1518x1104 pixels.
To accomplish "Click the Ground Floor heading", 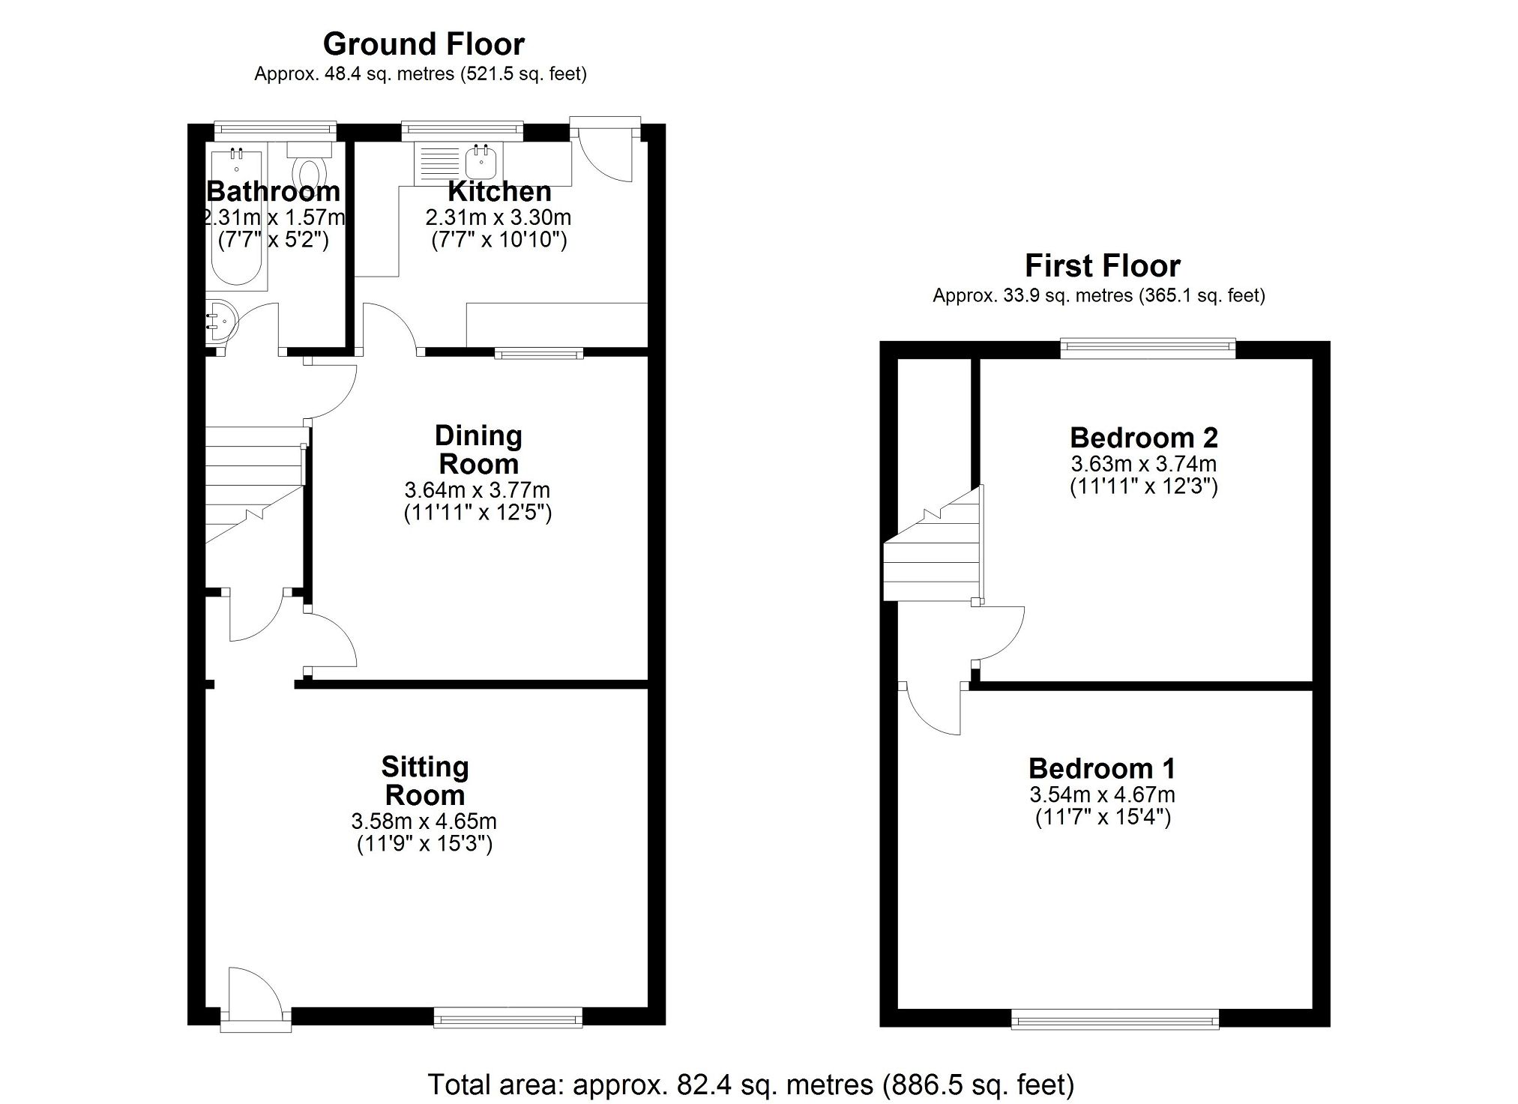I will pos(423,45).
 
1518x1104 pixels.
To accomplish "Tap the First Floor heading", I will pos(1102,266).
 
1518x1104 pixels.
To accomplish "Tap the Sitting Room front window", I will pos(507,1017).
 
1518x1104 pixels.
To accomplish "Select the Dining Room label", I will pos(478,450).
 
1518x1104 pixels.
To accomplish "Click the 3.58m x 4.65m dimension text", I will pos(424,821).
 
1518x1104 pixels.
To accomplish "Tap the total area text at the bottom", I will pos(750,1085).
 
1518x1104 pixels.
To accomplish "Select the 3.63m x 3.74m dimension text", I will pos(1143,464).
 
